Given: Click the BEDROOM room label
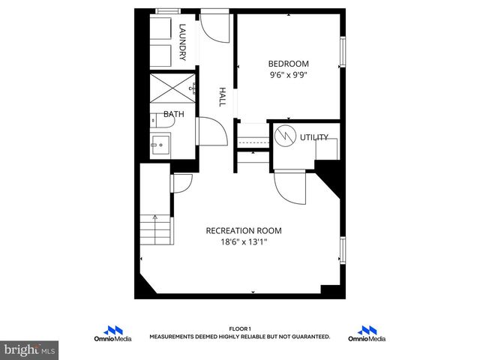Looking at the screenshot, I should click(x=289, y=64).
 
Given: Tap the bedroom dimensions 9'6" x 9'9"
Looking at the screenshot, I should click(x=289, y=75).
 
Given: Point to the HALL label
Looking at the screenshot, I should click(x=222, y=96).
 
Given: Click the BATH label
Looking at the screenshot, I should click(x=174, y=115).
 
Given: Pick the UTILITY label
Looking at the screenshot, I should click(x=313, y=137).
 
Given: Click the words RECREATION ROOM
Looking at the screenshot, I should click(x=244, y=231).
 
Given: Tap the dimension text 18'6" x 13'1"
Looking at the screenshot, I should click(x=244, y=242).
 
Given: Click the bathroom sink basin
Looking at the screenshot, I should click(x=159, y=145).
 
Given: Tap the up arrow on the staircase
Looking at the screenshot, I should click(x=155, y=220).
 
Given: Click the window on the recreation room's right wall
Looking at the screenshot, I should click(x=343, y=250).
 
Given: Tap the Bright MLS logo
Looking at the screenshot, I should click(x=30, y=349).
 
